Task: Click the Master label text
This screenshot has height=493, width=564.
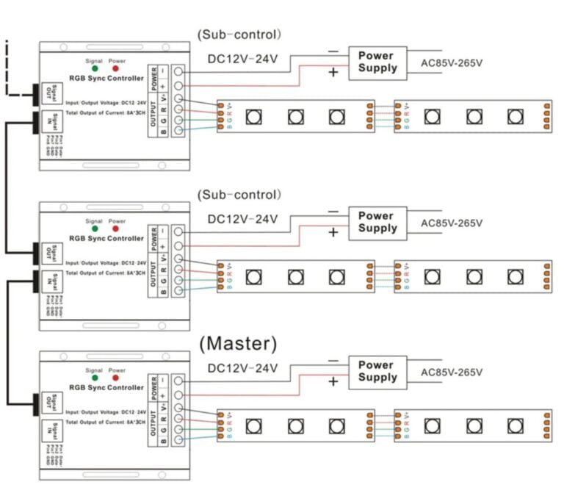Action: tap(238, 344)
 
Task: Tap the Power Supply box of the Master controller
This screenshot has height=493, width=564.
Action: tap(377, 371)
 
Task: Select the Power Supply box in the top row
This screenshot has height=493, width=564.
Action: tap(377, 62)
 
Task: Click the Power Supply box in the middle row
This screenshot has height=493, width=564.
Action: tap(377, 222)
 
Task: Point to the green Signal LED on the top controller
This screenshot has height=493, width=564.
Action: tap(95, 68)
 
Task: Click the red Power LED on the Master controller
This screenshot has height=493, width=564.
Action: tap(116, 378)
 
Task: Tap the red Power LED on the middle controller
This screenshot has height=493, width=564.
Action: tap(116, 229)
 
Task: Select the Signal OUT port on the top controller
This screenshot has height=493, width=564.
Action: tap(46, 94)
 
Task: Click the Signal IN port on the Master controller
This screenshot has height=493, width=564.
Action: tap(46, 431)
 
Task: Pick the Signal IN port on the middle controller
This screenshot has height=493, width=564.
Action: tap(46, 282)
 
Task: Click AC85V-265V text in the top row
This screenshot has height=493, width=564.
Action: tap(452, 62)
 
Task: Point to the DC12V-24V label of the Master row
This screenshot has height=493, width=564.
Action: tap(243, 368)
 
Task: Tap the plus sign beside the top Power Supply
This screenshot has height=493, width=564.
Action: tap(333, 72)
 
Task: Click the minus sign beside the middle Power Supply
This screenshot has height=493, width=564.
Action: tap(333, 212)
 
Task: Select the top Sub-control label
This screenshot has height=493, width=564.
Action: tap(239, 35)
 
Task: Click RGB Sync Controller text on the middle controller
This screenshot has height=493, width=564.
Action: tap(106, 239)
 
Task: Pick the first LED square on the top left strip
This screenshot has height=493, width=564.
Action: tap(253, 116)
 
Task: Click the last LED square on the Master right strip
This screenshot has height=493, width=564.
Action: tap(514, 425)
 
